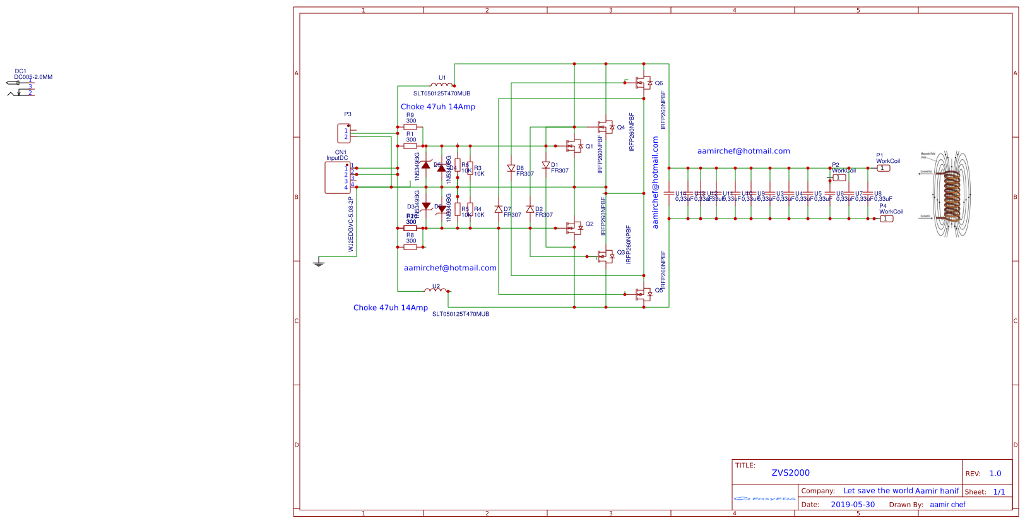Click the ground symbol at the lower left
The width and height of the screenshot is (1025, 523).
(319, 263)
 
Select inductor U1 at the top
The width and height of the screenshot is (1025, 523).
(442, 84)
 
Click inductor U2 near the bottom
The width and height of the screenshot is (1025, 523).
(436, 290)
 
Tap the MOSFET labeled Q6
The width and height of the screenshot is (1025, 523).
(643, 83)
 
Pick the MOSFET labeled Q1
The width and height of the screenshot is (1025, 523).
(574, 146)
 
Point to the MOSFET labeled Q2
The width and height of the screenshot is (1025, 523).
(574, 228)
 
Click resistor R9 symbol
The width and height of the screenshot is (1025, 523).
(410, 127)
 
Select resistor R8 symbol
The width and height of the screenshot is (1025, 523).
(410, 247)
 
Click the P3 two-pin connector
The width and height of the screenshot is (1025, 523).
(344, 133)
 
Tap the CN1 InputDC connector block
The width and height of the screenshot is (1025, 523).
(337, 177)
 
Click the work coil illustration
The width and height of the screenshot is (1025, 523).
(950, 193)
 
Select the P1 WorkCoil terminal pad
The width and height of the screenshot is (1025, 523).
(884, 168)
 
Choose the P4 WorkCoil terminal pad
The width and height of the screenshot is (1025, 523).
(887, 219)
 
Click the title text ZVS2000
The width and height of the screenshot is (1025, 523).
(790, 472)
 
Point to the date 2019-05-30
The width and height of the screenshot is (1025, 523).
(853, 505)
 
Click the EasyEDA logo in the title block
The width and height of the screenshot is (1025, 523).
(765, 499)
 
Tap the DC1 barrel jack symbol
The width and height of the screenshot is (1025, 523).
(20, 88)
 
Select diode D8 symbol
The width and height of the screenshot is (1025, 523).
(511, 169)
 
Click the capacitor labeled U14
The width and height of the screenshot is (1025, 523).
(669, 193)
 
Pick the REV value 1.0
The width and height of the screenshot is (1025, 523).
(995, 473)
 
